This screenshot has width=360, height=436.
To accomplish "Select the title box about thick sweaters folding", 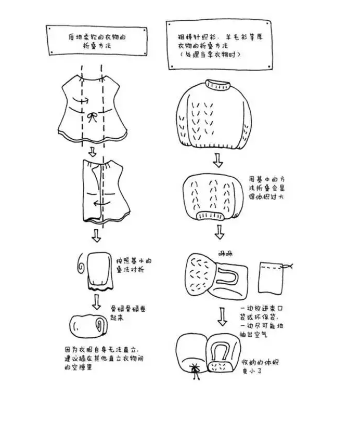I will pos(219,45).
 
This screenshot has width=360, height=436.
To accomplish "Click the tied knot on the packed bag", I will pos(196,368).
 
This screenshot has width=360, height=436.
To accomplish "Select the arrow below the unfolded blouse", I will pos(92,152).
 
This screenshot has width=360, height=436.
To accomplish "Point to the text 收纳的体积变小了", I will pos(260,365).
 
